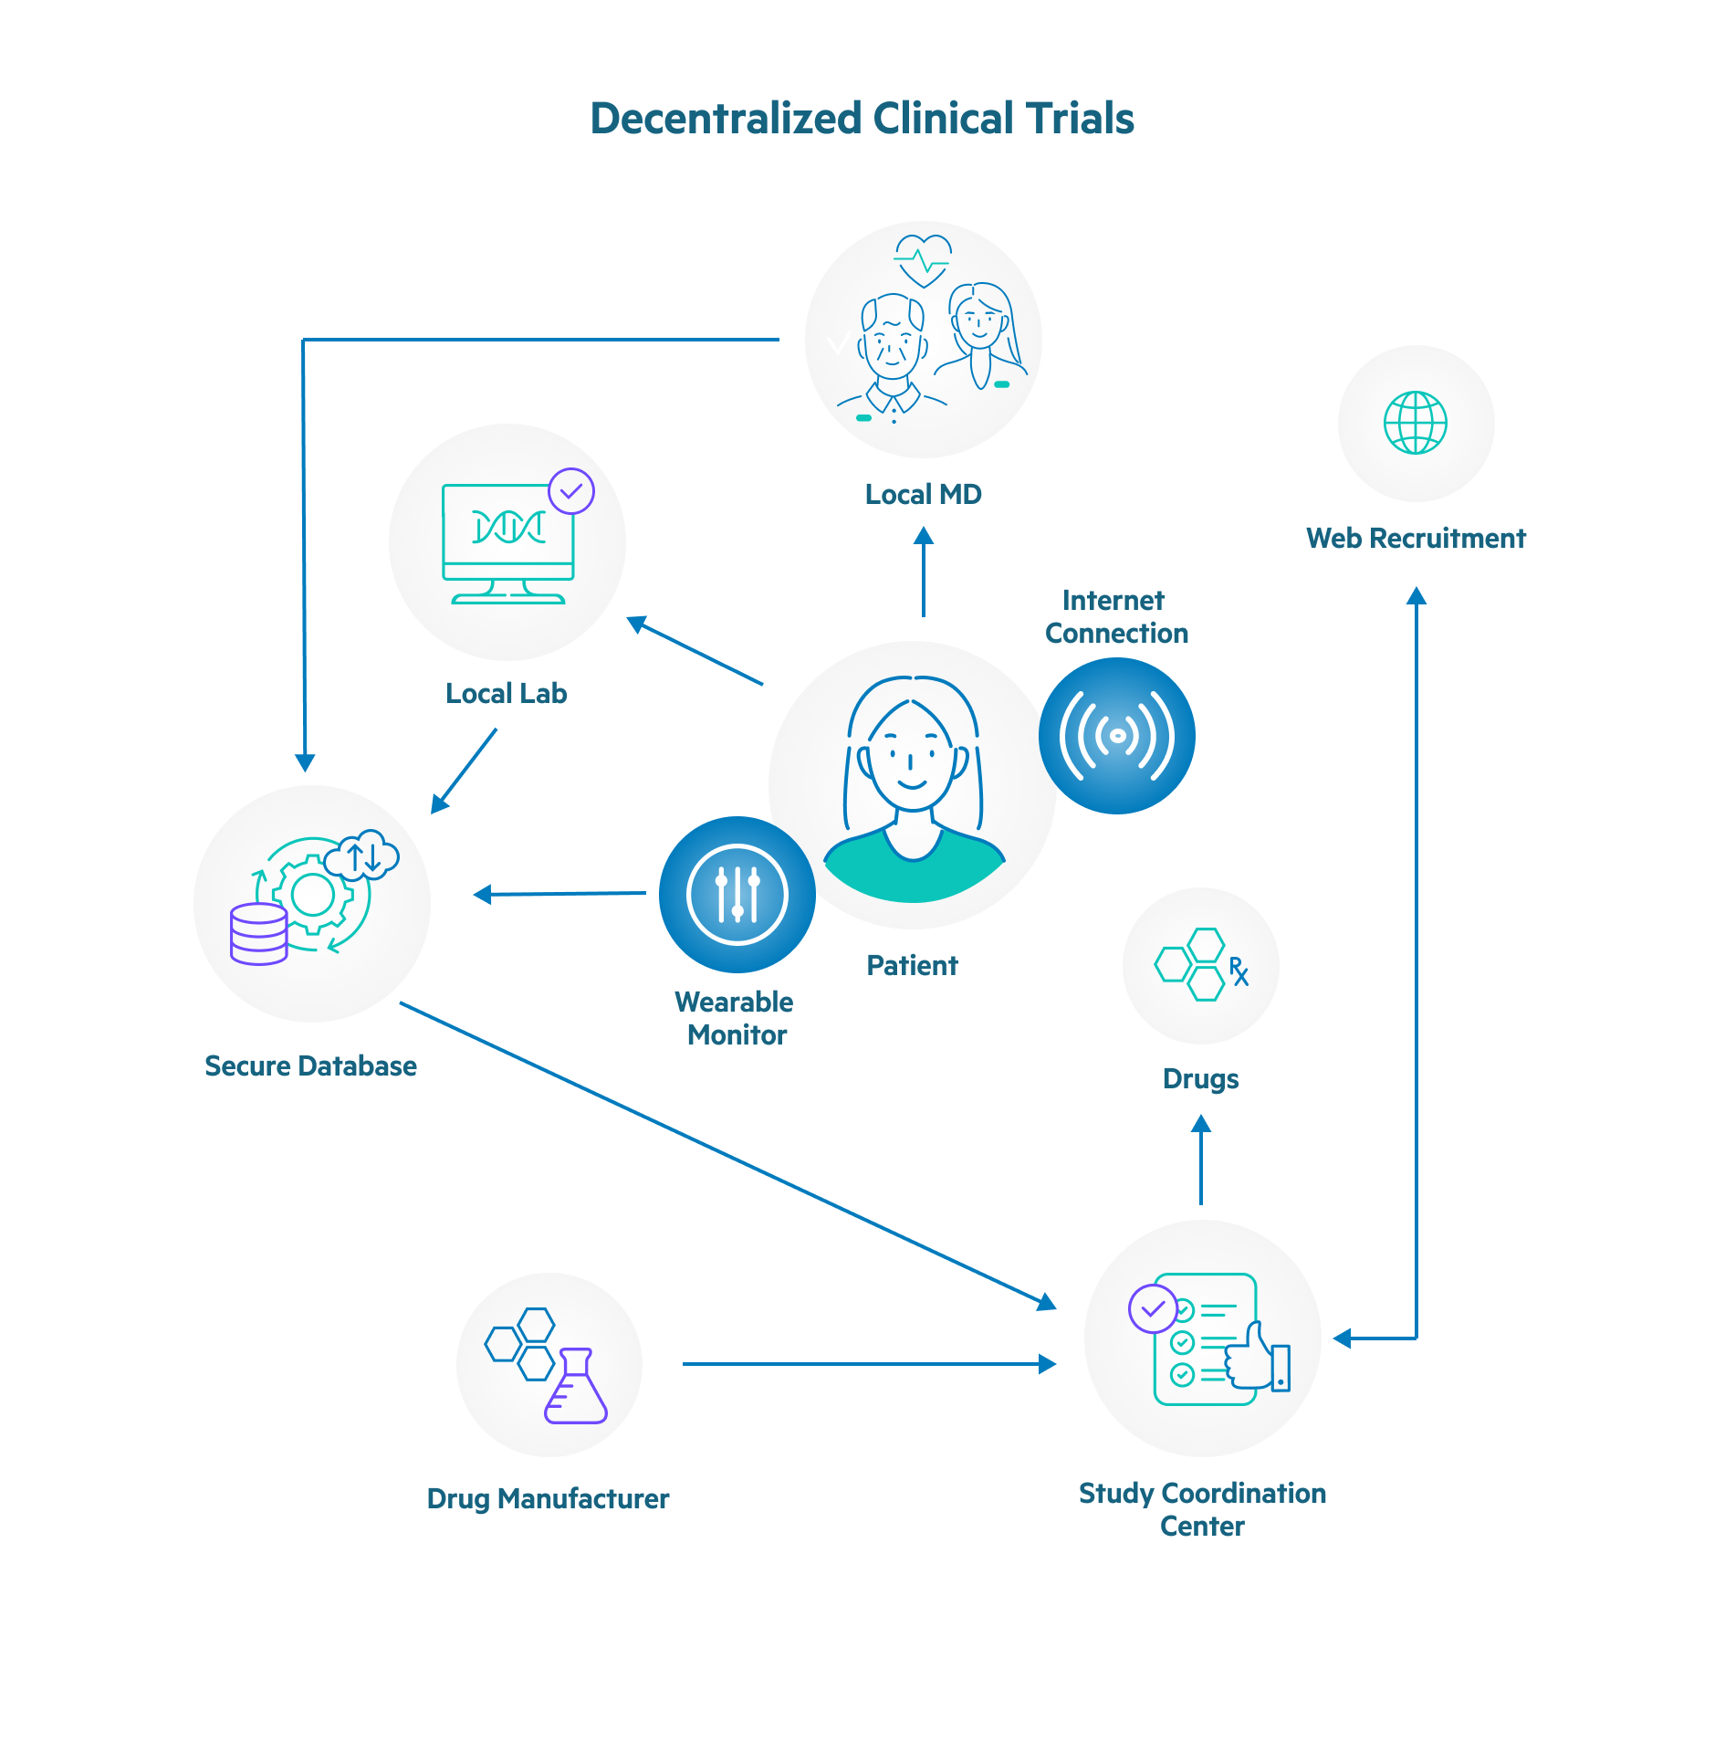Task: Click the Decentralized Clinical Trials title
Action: click(862, 119)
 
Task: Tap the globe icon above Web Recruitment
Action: click(1415, 423)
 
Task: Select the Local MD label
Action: click(923, 494)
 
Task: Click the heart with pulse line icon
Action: click(923, 260)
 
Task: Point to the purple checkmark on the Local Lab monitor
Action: click(571, 491)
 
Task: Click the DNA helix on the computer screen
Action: click(508, 527)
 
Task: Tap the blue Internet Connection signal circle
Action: click(1116, 736)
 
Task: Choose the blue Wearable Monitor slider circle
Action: click(737, 894)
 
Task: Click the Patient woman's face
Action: click(911, 758)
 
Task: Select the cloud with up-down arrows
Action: click(363, 856)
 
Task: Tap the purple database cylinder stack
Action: click(258, 934)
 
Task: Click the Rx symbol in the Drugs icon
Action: click(1238, 971)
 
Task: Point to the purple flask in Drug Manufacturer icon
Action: click(576, 1388)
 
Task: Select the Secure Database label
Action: click(310, 1065)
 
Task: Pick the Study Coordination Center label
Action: click(1201, 1508)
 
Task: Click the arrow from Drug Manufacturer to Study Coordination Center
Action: click(867, 1364)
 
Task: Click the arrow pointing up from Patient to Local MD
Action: click(923, 572)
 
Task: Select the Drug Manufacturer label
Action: click(548, 1498)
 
